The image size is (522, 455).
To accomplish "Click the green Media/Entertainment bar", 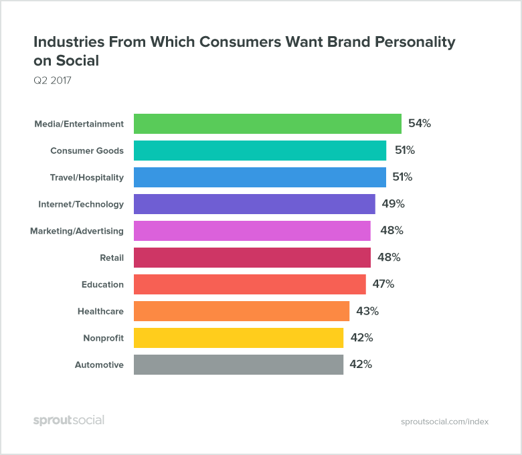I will (x=268, y=124).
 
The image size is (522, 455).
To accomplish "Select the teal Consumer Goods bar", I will (x=260, y=151).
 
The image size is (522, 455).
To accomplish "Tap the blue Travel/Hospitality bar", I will (x=260, y=177).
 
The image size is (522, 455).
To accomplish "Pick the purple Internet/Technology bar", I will (x=254, y=204).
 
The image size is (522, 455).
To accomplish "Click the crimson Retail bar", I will (x=252, y=258).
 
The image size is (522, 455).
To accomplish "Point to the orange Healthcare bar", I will (x=242, y=311).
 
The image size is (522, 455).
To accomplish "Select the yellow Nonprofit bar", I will (x=238, y=338).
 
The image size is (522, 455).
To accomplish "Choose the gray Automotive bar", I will (x=238, y=365).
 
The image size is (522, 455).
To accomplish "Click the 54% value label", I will (x=420, y=124).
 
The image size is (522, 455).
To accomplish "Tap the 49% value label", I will (x=394, y=204).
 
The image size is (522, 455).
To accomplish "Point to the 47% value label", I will (x=383, y=284).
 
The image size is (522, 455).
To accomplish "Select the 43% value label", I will (x=367, y=311).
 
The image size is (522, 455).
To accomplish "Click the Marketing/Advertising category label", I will (x=77, y=231).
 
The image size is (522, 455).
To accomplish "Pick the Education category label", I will (x=102, y=284).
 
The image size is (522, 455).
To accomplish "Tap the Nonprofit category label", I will (x=103, y=338).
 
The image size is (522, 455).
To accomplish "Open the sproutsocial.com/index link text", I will (x=445, y=422).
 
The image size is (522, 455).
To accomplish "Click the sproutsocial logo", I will (x=69, y=420).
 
